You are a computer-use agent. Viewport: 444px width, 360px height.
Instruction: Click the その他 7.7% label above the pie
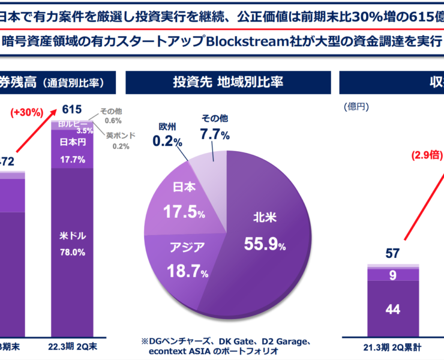213,128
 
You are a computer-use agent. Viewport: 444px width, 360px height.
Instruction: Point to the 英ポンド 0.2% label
120,140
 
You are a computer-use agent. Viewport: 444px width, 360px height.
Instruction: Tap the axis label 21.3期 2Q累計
392,346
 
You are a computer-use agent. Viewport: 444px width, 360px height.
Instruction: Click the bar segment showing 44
393,310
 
